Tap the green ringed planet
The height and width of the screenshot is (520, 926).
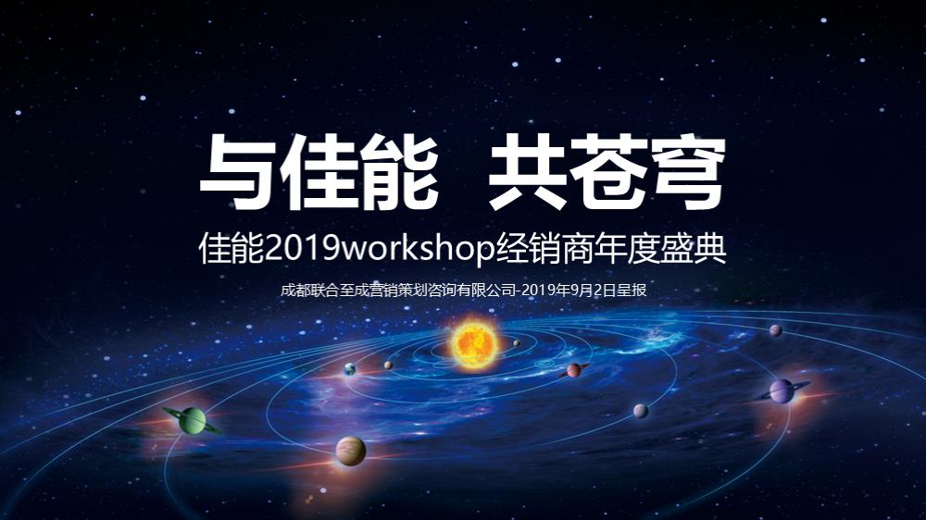pos(192,420)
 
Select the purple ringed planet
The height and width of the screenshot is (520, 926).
pos(782,391)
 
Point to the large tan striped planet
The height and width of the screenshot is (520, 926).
pos(351,451)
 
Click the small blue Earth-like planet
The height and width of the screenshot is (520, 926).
pos(350,370)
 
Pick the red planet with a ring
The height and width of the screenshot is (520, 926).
pos(574,370)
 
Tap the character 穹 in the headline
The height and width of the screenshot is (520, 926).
pos(686,174)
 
